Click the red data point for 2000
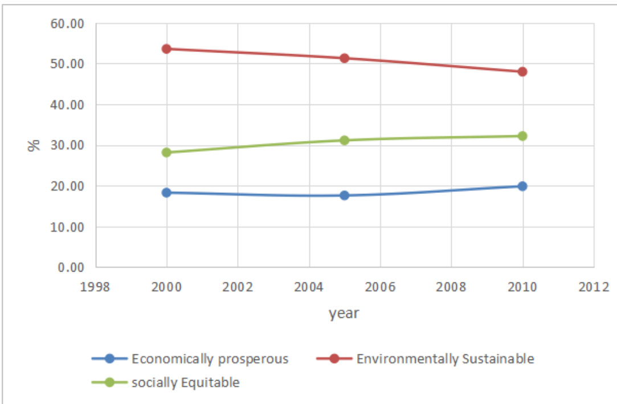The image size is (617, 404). click(x=166, y=49)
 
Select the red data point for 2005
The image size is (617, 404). click(x=344, y=58)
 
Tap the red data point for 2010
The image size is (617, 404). click(x=522, y=72)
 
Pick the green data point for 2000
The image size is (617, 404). click(x=166, y=152)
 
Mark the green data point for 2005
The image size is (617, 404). click(x=344, y=140)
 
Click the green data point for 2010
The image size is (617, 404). click(x=522, y=136)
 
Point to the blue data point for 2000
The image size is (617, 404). click(x=166, y=193)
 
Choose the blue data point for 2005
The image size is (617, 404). click(x=344, y=195)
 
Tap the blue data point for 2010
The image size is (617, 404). click(x=522, y=186)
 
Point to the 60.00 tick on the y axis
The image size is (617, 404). click(x=67, y=24)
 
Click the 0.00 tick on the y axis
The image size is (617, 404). click(x=71, y=267)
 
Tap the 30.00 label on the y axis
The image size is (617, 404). click(x=67, y=146)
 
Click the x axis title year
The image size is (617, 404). click(x=344, y=313)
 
